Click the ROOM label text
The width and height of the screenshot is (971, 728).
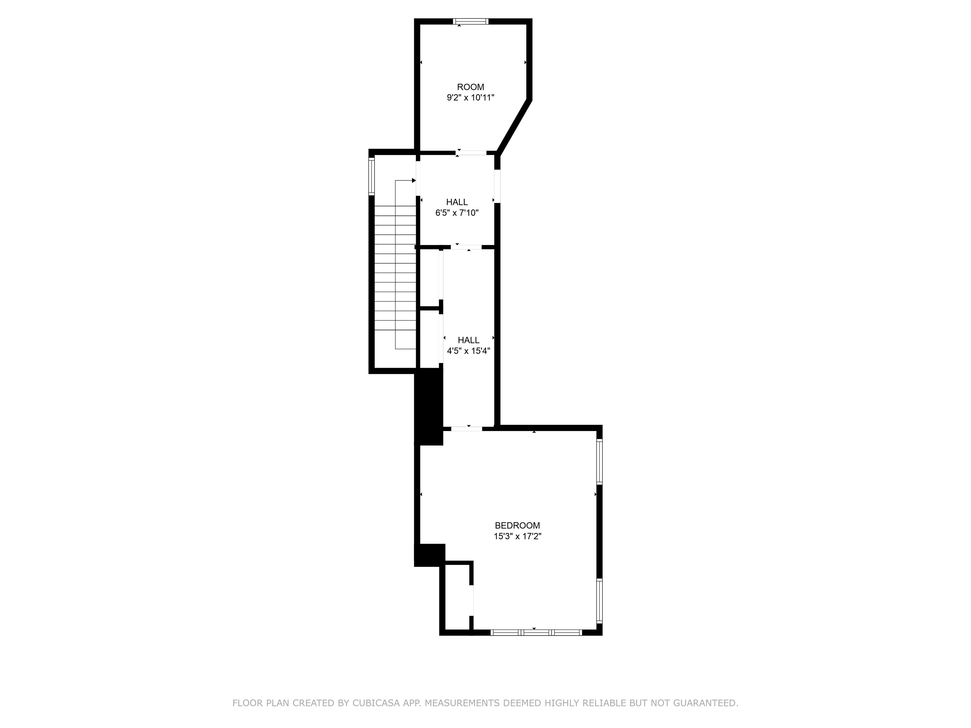tap(471, 87)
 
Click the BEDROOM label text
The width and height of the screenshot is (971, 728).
tap(517, 525)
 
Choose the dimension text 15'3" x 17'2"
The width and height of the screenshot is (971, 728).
tap(517, 536)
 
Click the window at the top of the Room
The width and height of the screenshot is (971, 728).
tap(471, 21)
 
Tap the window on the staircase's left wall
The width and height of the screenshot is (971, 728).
tap(371, 176)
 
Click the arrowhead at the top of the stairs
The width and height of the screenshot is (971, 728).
tap(413, 180)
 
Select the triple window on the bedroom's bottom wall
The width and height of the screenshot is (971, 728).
tap(536, 632)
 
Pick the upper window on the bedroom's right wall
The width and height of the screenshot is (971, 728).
tap(599, 462)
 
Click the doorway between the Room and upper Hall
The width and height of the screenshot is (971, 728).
tap(471, 153)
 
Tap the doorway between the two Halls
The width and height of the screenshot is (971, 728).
tap(466, 247)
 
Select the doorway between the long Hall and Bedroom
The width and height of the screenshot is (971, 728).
tap(466, 428)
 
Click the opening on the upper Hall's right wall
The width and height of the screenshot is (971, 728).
tap(497, 186)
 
